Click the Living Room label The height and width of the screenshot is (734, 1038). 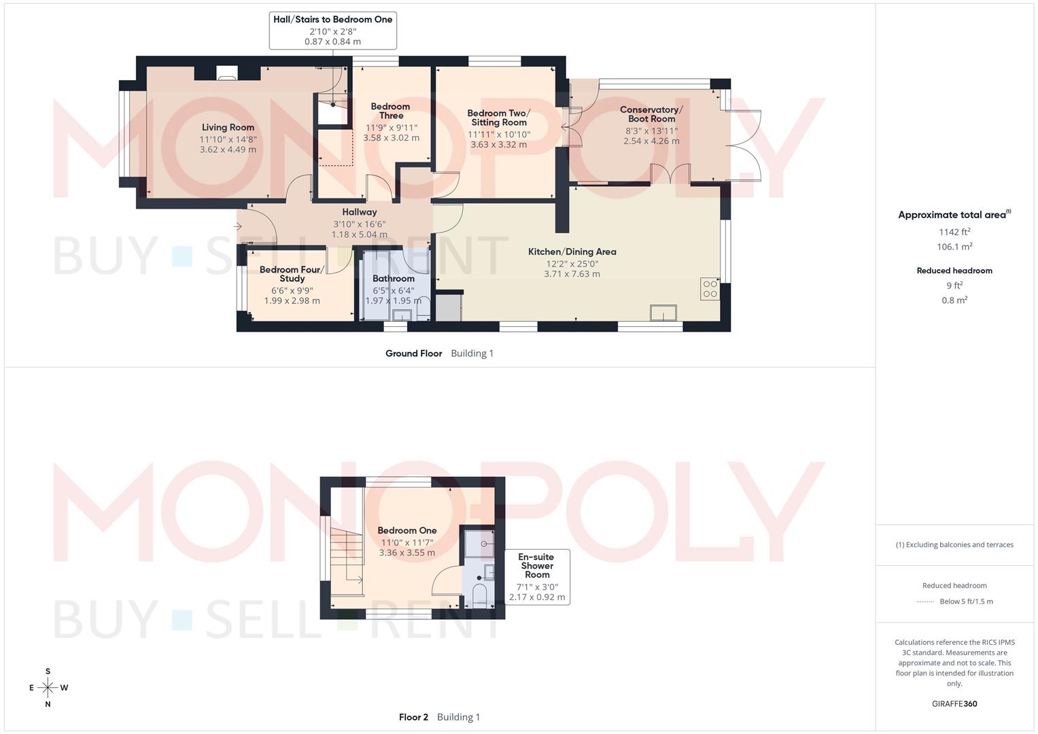pos(228,127)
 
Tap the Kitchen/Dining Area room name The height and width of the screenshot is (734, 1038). pos(572,251)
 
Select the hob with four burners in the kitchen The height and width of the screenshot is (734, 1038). pos(710,289)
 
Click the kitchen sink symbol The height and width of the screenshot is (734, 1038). pos(663,313)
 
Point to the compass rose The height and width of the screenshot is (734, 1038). pos(48,688)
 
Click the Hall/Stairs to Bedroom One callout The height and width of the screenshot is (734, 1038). pos(332,30)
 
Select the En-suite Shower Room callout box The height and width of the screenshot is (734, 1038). pos(536,577)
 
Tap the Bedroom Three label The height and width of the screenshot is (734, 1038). pos(391,111)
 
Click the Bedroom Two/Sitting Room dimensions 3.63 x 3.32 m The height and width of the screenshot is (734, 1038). pos(498,144)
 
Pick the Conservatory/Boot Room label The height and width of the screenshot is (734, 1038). pos(651,113)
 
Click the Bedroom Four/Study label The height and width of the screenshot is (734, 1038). pos(292,274)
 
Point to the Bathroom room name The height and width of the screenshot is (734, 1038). pos(393,278)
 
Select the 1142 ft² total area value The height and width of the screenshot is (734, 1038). pos(954,232)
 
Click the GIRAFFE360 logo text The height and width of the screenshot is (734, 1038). pos(954,703)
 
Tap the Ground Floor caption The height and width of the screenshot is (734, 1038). pos(413,353)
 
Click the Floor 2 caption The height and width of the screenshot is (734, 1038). pos(413,717)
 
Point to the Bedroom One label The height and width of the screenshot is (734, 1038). pos(406,530)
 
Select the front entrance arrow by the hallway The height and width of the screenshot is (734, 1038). pos(237,226)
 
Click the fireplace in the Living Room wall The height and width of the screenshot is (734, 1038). pos(227,73)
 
